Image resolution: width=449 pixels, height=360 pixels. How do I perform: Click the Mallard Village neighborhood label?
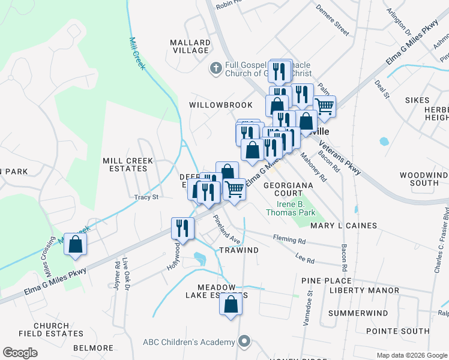[190, 47]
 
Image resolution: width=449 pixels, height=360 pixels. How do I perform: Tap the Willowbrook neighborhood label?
[221, 104]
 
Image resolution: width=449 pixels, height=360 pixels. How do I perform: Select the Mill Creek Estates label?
[128, 165]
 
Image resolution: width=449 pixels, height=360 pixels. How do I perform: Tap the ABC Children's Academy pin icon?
[244, 342]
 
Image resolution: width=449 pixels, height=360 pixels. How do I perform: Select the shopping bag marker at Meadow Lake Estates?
[231, 304]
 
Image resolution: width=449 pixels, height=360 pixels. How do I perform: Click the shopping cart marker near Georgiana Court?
[234, 189]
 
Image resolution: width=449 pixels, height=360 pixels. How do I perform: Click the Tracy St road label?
[146, 197]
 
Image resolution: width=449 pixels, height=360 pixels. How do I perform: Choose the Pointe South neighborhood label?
[397, 331]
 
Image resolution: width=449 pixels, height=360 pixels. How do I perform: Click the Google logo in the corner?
[20, 353]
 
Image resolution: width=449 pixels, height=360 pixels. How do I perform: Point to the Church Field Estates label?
[50, 330]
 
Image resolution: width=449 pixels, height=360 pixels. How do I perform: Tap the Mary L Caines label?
[343, 226]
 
